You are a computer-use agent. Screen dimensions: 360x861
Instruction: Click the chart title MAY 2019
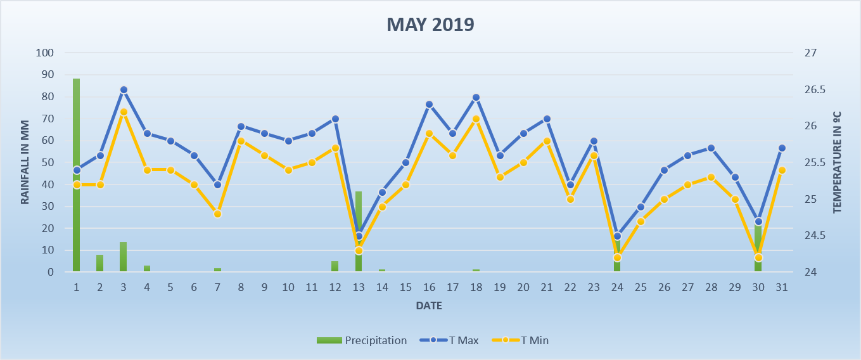tap(430, 25)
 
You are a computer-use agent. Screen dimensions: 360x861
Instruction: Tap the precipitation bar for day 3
tap(123, 257)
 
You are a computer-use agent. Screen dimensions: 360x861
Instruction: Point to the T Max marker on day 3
tap(124, 90)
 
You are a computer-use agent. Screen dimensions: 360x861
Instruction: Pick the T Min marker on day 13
tap(359, 250)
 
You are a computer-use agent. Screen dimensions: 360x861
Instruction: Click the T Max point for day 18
tap(476, 98)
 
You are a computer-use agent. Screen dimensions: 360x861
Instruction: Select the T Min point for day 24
tap(617, 257)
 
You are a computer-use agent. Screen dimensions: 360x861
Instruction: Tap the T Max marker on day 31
tap(782, 148)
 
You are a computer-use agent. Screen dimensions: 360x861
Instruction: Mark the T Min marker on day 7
tap(217, 214)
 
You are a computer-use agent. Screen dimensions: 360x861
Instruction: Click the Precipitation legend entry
tap(362, 340)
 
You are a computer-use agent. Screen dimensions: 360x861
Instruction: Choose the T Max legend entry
tap(449, 340)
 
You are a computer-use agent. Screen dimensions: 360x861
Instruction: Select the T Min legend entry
tap(520, 340)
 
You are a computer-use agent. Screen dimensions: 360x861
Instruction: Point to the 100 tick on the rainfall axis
tap(44, 53)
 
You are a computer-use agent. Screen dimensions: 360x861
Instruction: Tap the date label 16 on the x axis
tap(429, 287)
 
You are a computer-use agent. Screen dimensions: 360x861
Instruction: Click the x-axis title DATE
tap(429, 306)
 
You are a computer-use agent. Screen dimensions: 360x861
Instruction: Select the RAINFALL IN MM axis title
tap(25, 162)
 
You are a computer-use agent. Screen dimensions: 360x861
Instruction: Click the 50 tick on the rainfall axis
tap(47, 163)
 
